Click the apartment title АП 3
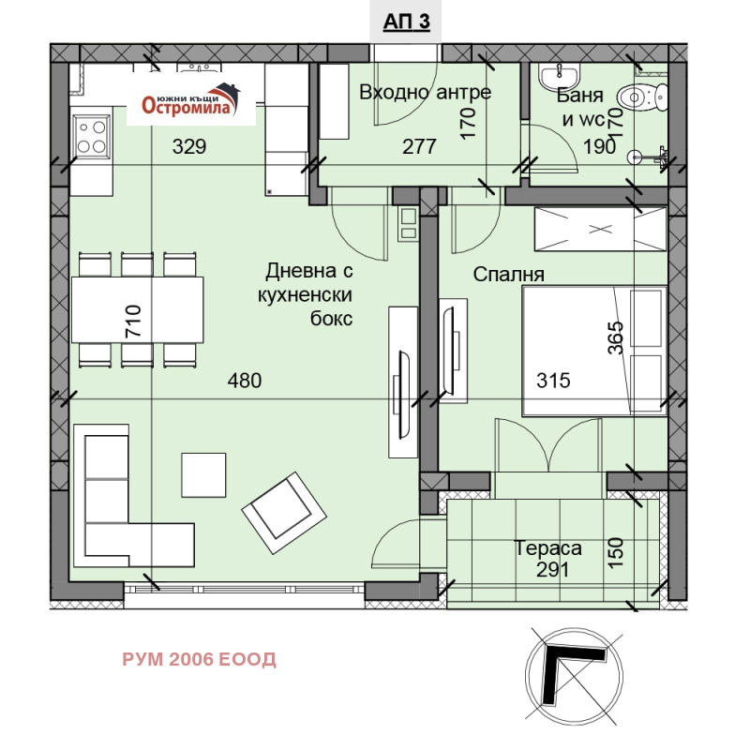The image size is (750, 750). click(x=407, y=22)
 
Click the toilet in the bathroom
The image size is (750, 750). click(x=645, y=95)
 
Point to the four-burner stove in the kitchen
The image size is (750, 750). click(x=91, y=135)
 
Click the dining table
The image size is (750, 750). click(x=138, y=310)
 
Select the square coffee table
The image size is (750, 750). click(x=203, y=475)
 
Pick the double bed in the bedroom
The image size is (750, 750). click(x=593, y=350)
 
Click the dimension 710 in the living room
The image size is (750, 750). click(x=132, y=321)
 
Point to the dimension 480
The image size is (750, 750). click(x=245, y=381)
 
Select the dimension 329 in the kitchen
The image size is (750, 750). click(x=188, y=146)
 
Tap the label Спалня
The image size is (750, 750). click(x=509, y=275)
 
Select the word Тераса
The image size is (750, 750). click(x=548, y=548)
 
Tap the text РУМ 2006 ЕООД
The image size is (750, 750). click(x=199, y=660)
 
